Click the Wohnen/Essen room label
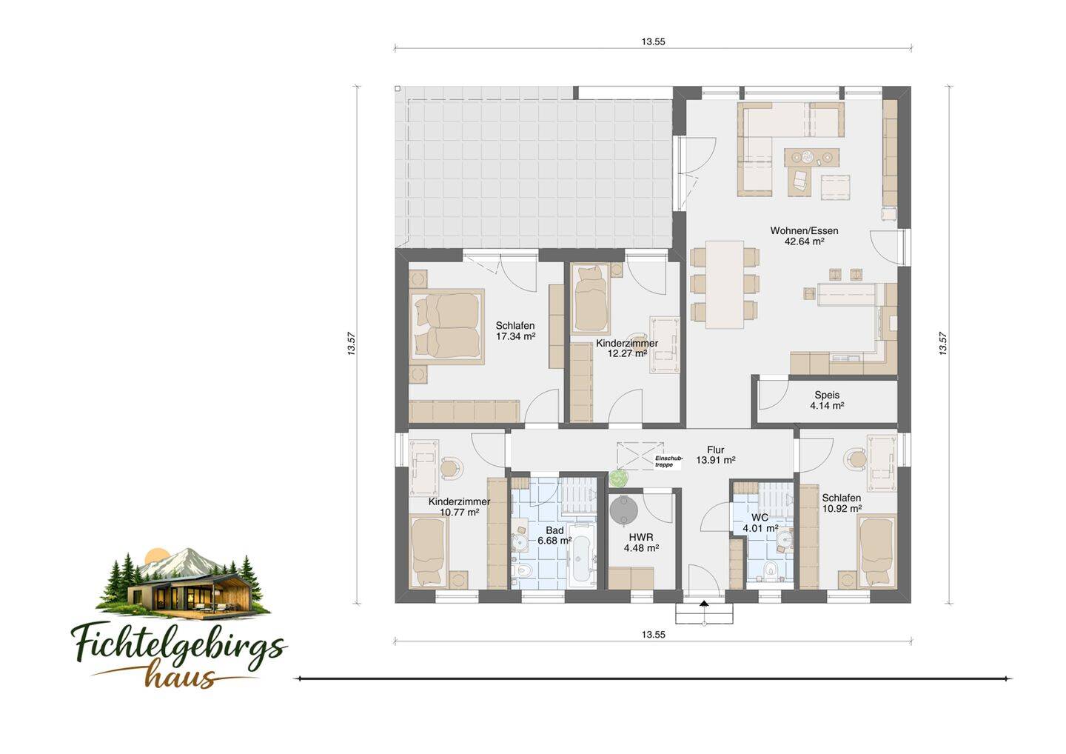[x=804, y=231]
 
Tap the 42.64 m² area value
[x=804, y=241]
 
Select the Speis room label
[x=827, y=395]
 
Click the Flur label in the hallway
[x=716, y=450]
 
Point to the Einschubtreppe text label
[x=668, y=461]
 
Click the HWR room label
[x=641, y=538]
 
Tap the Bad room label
[x=555, y=530]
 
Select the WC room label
[x=760, y=518]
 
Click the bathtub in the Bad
[x=582, y=556]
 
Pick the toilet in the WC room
[x=770, y=571]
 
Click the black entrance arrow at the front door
[x=704, y=604]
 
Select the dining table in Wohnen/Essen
[x=725, y=284]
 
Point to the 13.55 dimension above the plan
[x=654, y=42]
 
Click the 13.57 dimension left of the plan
[x=351, y=343]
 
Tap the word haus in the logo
[x=180, y=675]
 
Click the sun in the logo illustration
[x=155, y=556]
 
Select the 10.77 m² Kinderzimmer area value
[x=459, y=513]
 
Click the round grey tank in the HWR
[x=623, y=511]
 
